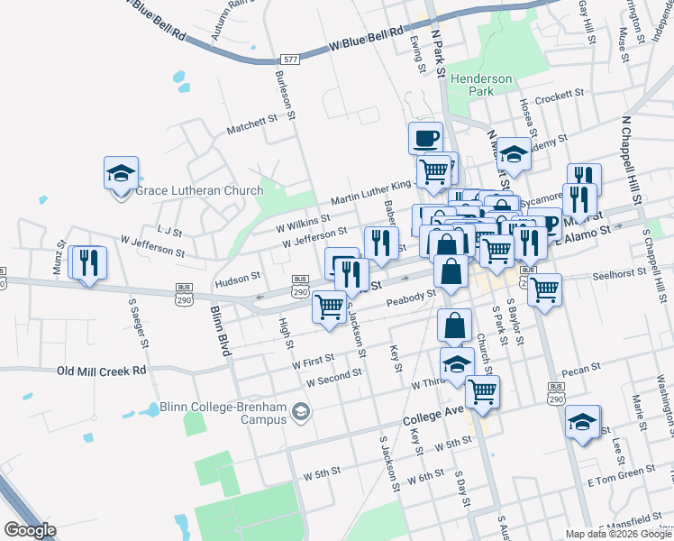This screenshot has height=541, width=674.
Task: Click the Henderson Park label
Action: pos(482,85)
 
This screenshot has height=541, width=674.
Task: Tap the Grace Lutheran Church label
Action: pos(198,190)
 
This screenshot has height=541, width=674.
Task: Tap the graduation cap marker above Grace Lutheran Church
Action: pos(121,174)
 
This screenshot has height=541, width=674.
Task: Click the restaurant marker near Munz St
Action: pos(88,262)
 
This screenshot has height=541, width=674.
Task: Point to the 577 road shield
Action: pos(289,60)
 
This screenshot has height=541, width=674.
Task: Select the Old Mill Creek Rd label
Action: pos(101,371)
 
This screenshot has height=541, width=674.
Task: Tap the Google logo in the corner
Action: pos(30,530)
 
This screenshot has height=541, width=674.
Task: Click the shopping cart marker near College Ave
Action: pos(483,391)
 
